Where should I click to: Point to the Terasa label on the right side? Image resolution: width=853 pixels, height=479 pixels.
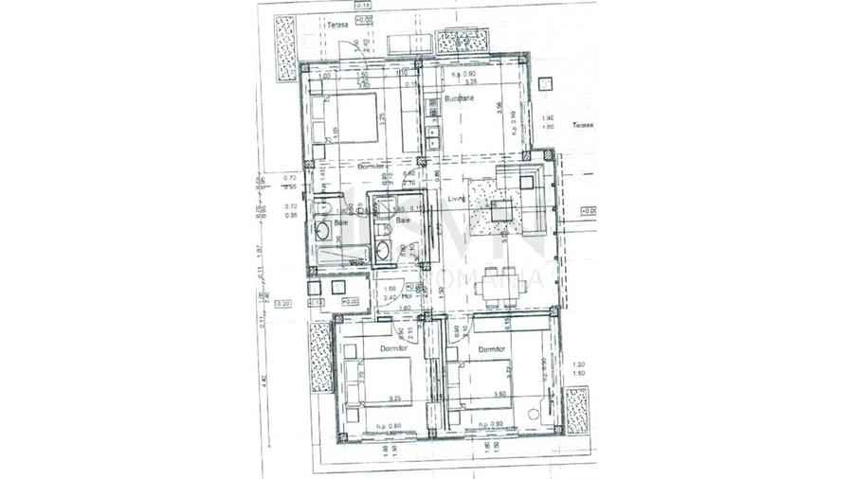coord(581,124)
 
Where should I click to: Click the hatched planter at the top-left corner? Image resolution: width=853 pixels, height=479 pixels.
coord(284,46)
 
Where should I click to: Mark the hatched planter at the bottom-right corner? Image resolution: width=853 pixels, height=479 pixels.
coord(575,410)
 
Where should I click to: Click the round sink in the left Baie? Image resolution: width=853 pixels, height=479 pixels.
coord(324,230)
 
